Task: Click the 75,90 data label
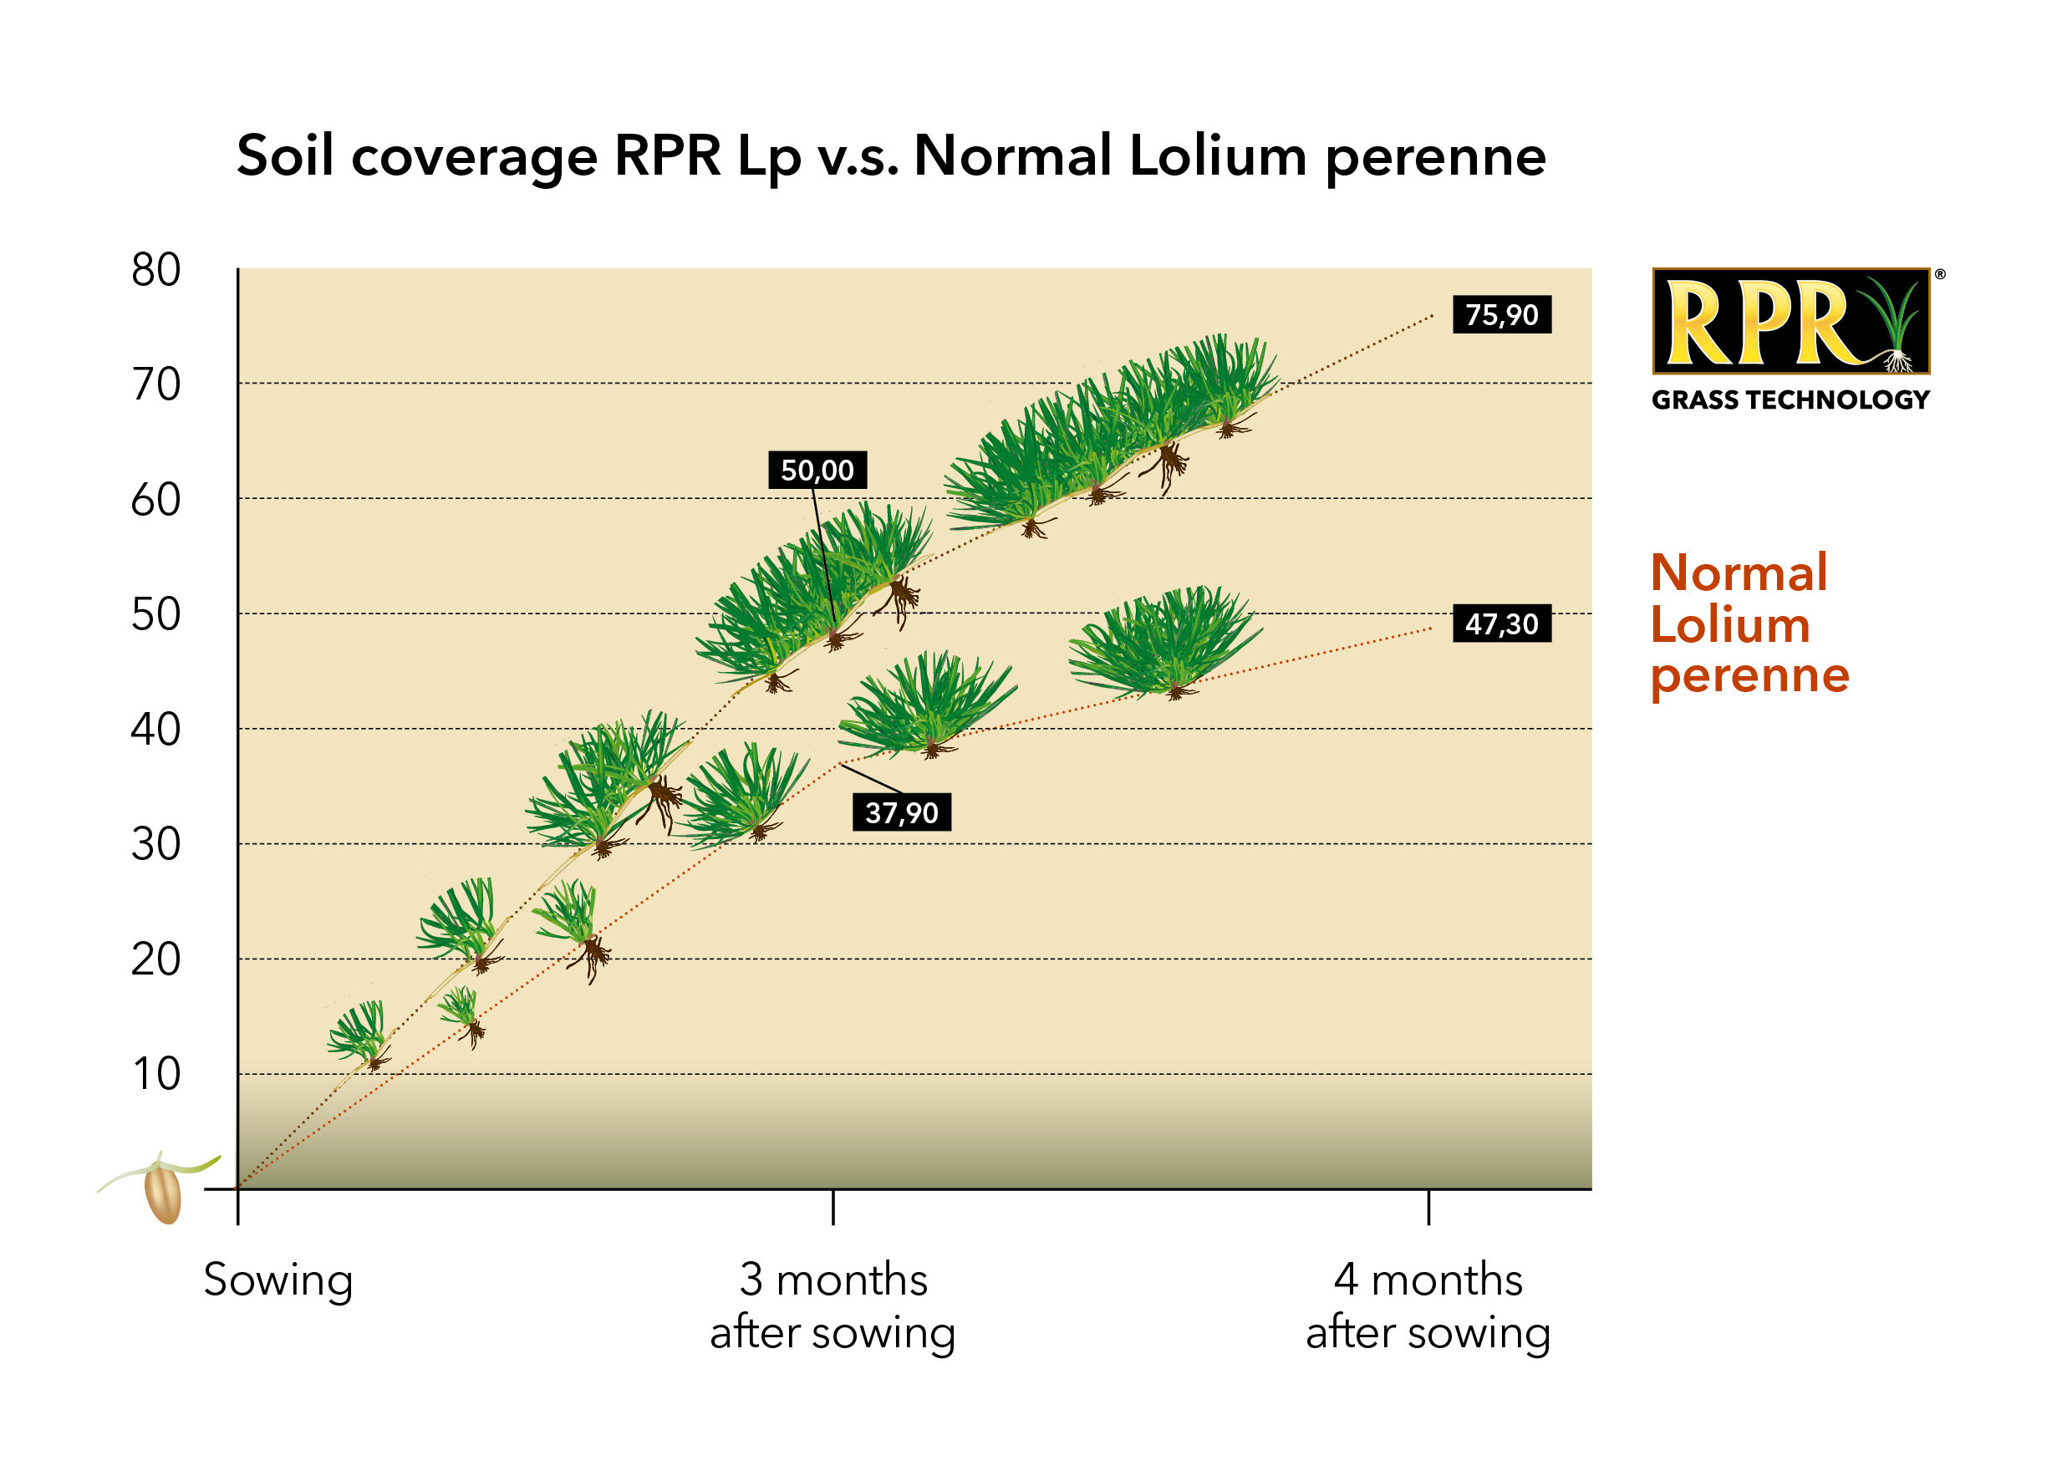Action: coord(1501,315)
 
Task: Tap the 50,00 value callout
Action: coord(817,470)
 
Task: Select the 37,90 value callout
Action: coord(902,812)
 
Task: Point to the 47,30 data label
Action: coord(1501,624)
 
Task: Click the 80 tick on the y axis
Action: coord(156,269)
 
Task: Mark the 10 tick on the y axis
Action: coord(156,1074)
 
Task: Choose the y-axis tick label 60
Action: coord(156,500)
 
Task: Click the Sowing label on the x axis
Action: coord(277,1280)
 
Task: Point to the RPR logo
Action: coord(1790,322)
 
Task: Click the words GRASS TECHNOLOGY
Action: coord(1790,400)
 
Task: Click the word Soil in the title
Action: coord(284,156)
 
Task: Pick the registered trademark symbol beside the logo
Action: coord(1940,274)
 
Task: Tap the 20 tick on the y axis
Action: coord(156,959)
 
